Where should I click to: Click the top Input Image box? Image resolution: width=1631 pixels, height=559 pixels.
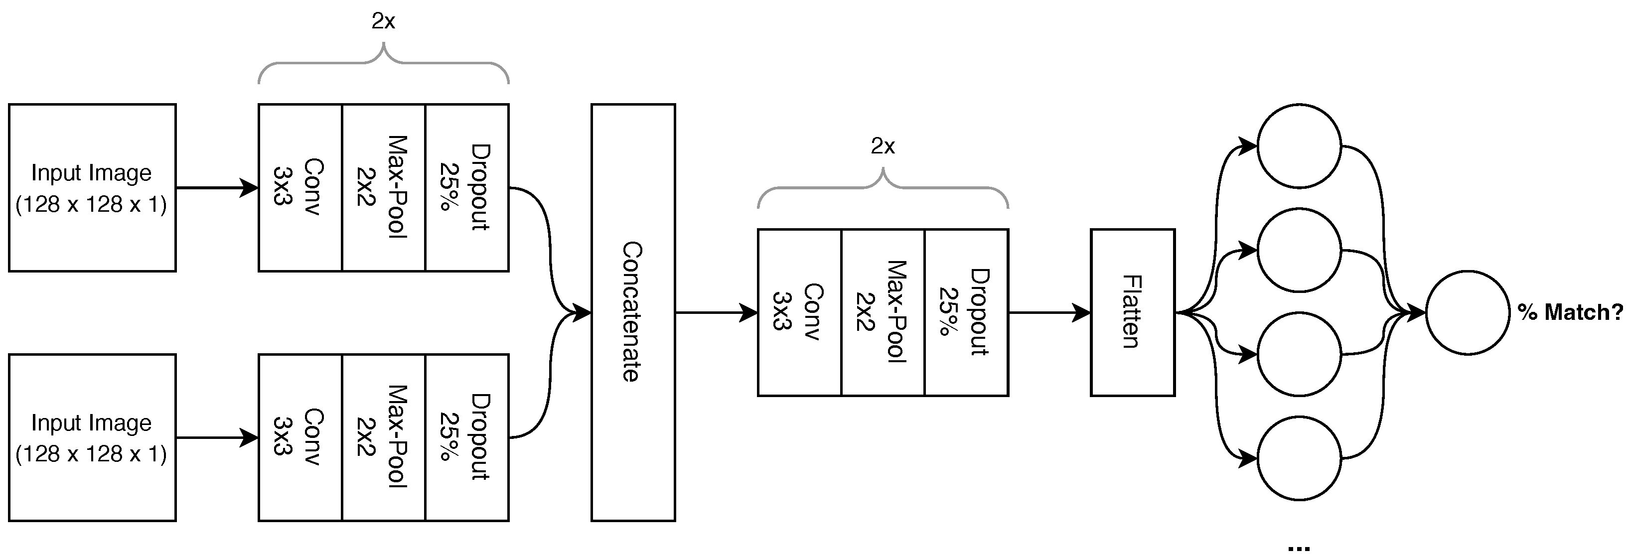click(x=92, y=187)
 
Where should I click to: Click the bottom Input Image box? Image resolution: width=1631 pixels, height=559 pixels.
click(x=92, y=437)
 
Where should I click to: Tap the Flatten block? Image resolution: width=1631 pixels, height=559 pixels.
click(x=1132, y=312)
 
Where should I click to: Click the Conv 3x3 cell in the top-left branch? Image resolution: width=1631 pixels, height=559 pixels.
click(x=299, y=187)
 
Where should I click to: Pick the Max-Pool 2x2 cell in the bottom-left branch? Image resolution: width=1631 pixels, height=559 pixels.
click(x=383, y=437)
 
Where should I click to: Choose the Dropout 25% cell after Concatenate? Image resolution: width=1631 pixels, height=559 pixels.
click(x=966, y=312)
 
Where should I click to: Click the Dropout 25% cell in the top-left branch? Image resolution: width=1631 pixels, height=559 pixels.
click(x=466, y=187)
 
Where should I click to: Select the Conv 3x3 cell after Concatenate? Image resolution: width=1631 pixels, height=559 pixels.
click(x=799, y=312)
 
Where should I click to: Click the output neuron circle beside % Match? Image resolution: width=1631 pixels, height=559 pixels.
click(x=1467, y=312)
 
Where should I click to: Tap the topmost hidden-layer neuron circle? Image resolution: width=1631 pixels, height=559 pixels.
click(x=1299, y=146)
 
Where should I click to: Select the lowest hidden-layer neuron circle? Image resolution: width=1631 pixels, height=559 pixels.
click(x=1299, y=458)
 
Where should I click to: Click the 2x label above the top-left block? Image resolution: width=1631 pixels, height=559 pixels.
click(x=383, y=22)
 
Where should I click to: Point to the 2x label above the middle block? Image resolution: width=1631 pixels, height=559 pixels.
click(x=883, y=147)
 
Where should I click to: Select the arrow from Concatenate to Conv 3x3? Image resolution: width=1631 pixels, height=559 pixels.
click(x=716, y=312)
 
